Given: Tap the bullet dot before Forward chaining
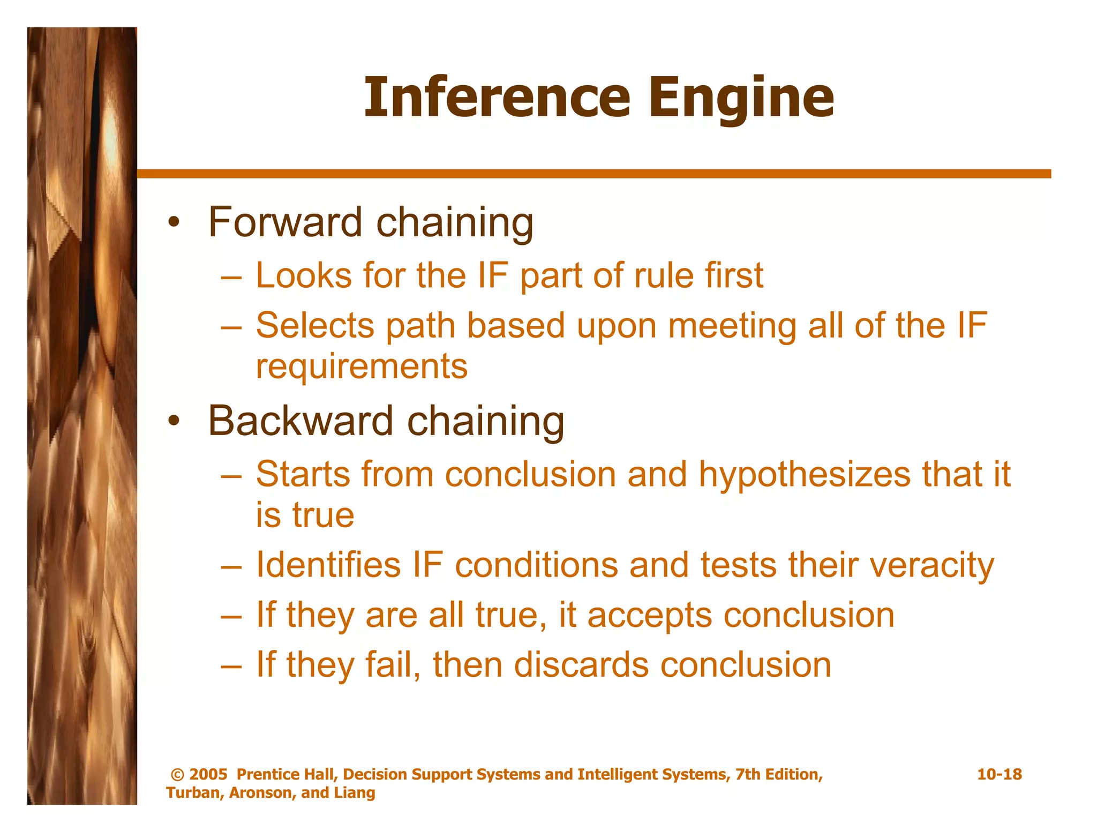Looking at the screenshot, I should (172, 222).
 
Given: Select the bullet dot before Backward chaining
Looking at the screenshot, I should (172, 421).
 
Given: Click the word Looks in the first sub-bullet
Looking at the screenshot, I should (304, 275).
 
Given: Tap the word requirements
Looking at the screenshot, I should (362, 367).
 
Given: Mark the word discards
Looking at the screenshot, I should (581, 665).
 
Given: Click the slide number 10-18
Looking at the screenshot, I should (999, 774).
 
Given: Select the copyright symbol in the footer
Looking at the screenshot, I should (177, 775).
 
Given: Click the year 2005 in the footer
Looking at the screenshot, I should (208, 774).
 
